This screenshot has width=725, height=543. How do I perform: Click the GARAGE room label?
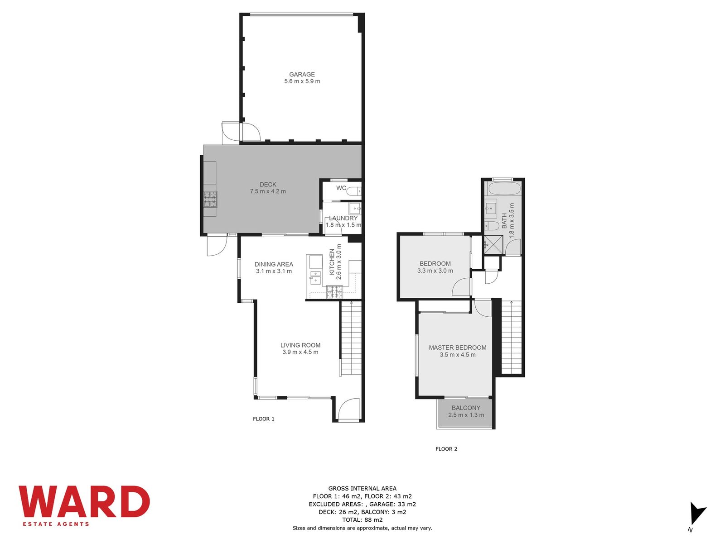pyautogui.click(x=302, y=75)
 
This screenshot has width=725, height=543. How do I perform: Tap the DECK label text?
pyautogui.click(x=268, y=185)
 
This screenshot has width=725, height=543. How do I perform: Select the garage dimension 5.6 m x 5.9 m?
pyautogui.click(x=302, y=81)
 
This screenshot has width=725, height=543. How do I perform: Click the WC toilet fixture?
pyautogui.click(x=354, y=191)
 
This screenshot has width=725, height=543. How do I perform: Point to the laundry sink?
pyautogui.click(x=355, y=209)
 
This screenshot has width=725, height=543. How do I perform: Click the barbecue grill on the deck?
pyautogui.click(x=210, y=199)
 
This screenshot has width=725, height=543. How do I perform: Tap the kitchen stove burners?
pyautogui.click(x=335, y=292)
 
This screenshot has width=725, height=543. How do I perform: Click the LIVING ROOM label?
pyautogui.click(x=300, y=345)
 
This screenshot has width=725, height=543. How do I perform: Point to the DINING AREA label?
pyautogui.click(x=274, y=264)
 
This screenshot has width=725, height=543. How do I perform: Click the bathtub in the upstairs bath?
pyautogui.click(x=504, y=190)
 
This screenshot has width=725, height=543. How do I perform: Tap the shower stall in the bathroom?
pyautogui.click(x=493, y=245)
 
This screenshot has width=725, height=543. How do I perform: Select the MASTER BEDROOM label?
pyautogui.click(x=458, y=348)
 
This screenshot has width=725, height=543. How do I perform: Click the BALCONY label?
pyautogui.click(x=466, y=408)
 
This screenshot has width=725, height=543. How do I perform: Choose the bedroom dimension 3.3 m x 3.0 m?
pyautogui.click(x=435, y=271)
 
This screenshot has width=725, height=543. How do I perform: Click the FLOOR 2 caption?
pyautogui.click(x=446, y=449)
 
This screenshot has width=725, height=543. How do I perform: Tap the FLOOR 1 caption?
pyautogui.click(x=264, y=419)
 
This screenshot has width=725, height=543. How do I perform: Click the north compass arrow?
pyautogui.click(x=697, y=514)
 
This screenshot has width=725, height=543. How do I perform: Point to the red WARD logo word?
pyautogui.click(x=84, y=502)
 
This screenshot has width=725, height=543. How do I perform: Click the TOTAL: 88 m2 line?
pyautogui.click(x=362, y=520)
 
